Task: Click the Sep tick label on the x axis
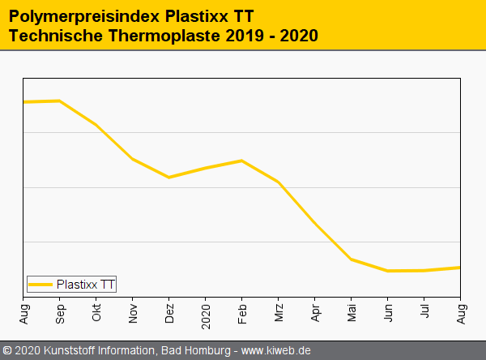[x=61, y=312]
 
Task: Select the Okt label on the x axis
[x=97, y=312]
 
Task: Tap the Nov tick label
[x=134, y=312]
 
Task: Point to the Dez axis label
[x=170, y=312]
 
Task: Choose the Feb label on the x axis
[x=243, y=312]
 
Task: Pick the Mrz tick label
[x=279, y=312]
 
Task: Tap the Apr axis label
[x=316, y=312]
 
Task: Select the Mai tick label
[x=352, y=312]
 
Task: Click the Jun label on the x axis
[x=389, y=312]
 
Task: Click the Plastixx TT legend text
[x=86, y=284]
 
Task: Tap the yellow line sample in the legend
[x=40, y=284]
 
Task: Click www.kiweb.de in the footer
[x=276, y=351]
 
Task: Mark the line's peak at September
[x=60, y=101]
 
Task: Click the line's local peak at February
[x=242, y=161]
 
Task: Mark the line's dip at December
[x=169, y=177]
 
